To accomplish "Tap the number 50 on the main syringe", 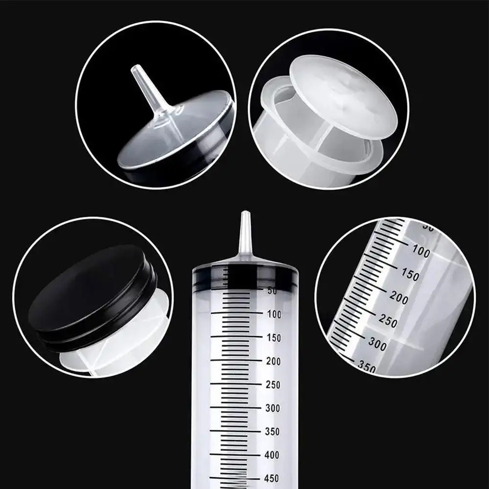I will (x=272, y=291).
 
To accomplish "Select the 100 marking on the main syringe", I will (x=274, y=315).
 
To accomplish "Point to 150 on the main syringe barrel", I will (x=274, y=338).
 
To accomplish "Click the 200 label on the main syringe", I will (x=274, y=361).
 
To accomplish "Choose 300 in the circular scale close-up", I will (x=377, y=344).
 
